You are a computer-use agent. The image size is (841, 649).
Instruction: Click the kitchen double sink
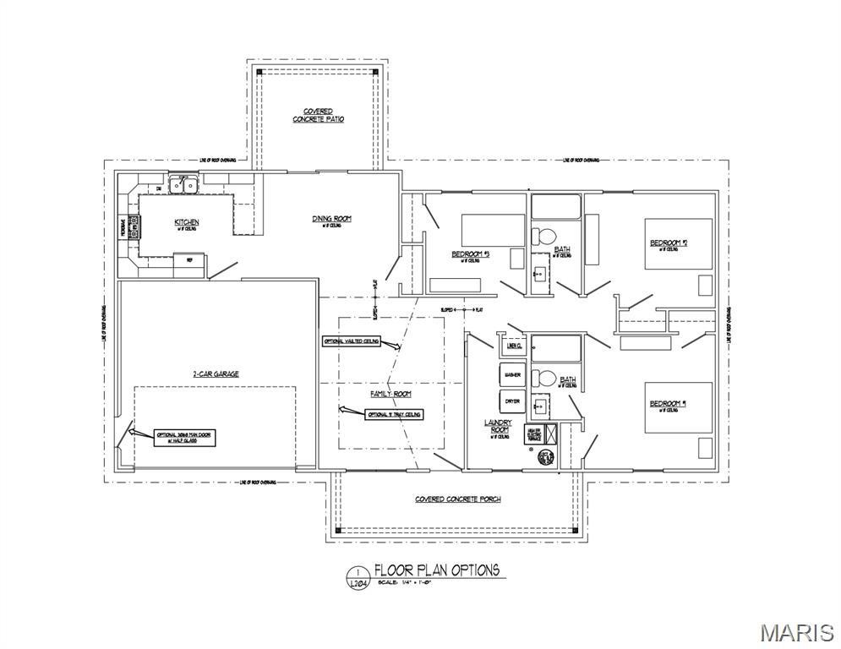pos(183,185)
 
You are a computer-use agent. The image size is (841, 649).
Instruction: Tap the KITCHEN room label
pos(187,222)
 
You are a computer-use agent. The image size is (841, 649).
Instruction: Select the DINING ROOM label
pos(331,220)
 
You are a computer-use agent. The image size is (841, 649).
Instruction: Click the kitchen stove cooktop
pos(133,226)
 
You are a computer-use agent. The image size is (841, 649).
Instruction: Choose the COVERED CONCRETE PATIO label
pos(318,116)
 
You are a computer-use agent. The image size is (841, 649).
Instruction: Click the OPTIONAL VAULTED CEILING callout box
pos(351,342)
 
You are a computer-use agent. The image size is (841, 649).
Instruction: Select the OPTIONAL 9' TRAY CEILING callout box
pos(393,415)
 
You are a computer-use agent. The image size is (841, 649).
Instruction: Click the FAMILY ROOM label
pos(390,395)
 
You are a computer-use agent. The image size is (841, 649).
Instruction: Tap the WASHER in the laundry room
pos(512,374)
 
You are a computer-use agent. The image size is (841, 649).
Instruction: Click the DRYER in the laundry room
pos(512,401)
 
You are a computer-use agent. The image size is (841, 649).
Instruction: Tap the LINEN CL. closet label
pos(513,346)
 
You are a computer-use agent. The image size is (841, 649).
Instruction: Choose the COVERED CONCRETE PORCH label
pos(457,499)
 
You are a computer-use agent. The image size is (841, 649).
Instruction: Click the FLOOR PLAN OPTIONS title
pos(437,570)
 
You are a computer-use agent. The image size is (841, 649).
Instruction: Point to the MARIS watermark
pos(796,631)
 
